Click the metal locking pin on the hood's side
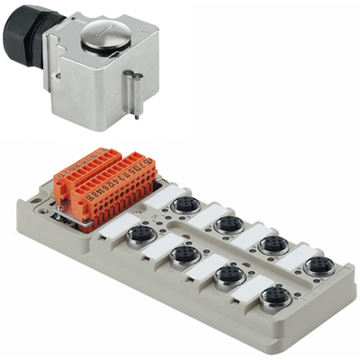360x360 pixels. click(133, 91)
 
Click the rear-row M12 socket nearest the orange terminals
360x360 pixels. click(185, 205)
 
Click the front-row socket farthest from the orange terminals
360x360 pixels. click(274, 297)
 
